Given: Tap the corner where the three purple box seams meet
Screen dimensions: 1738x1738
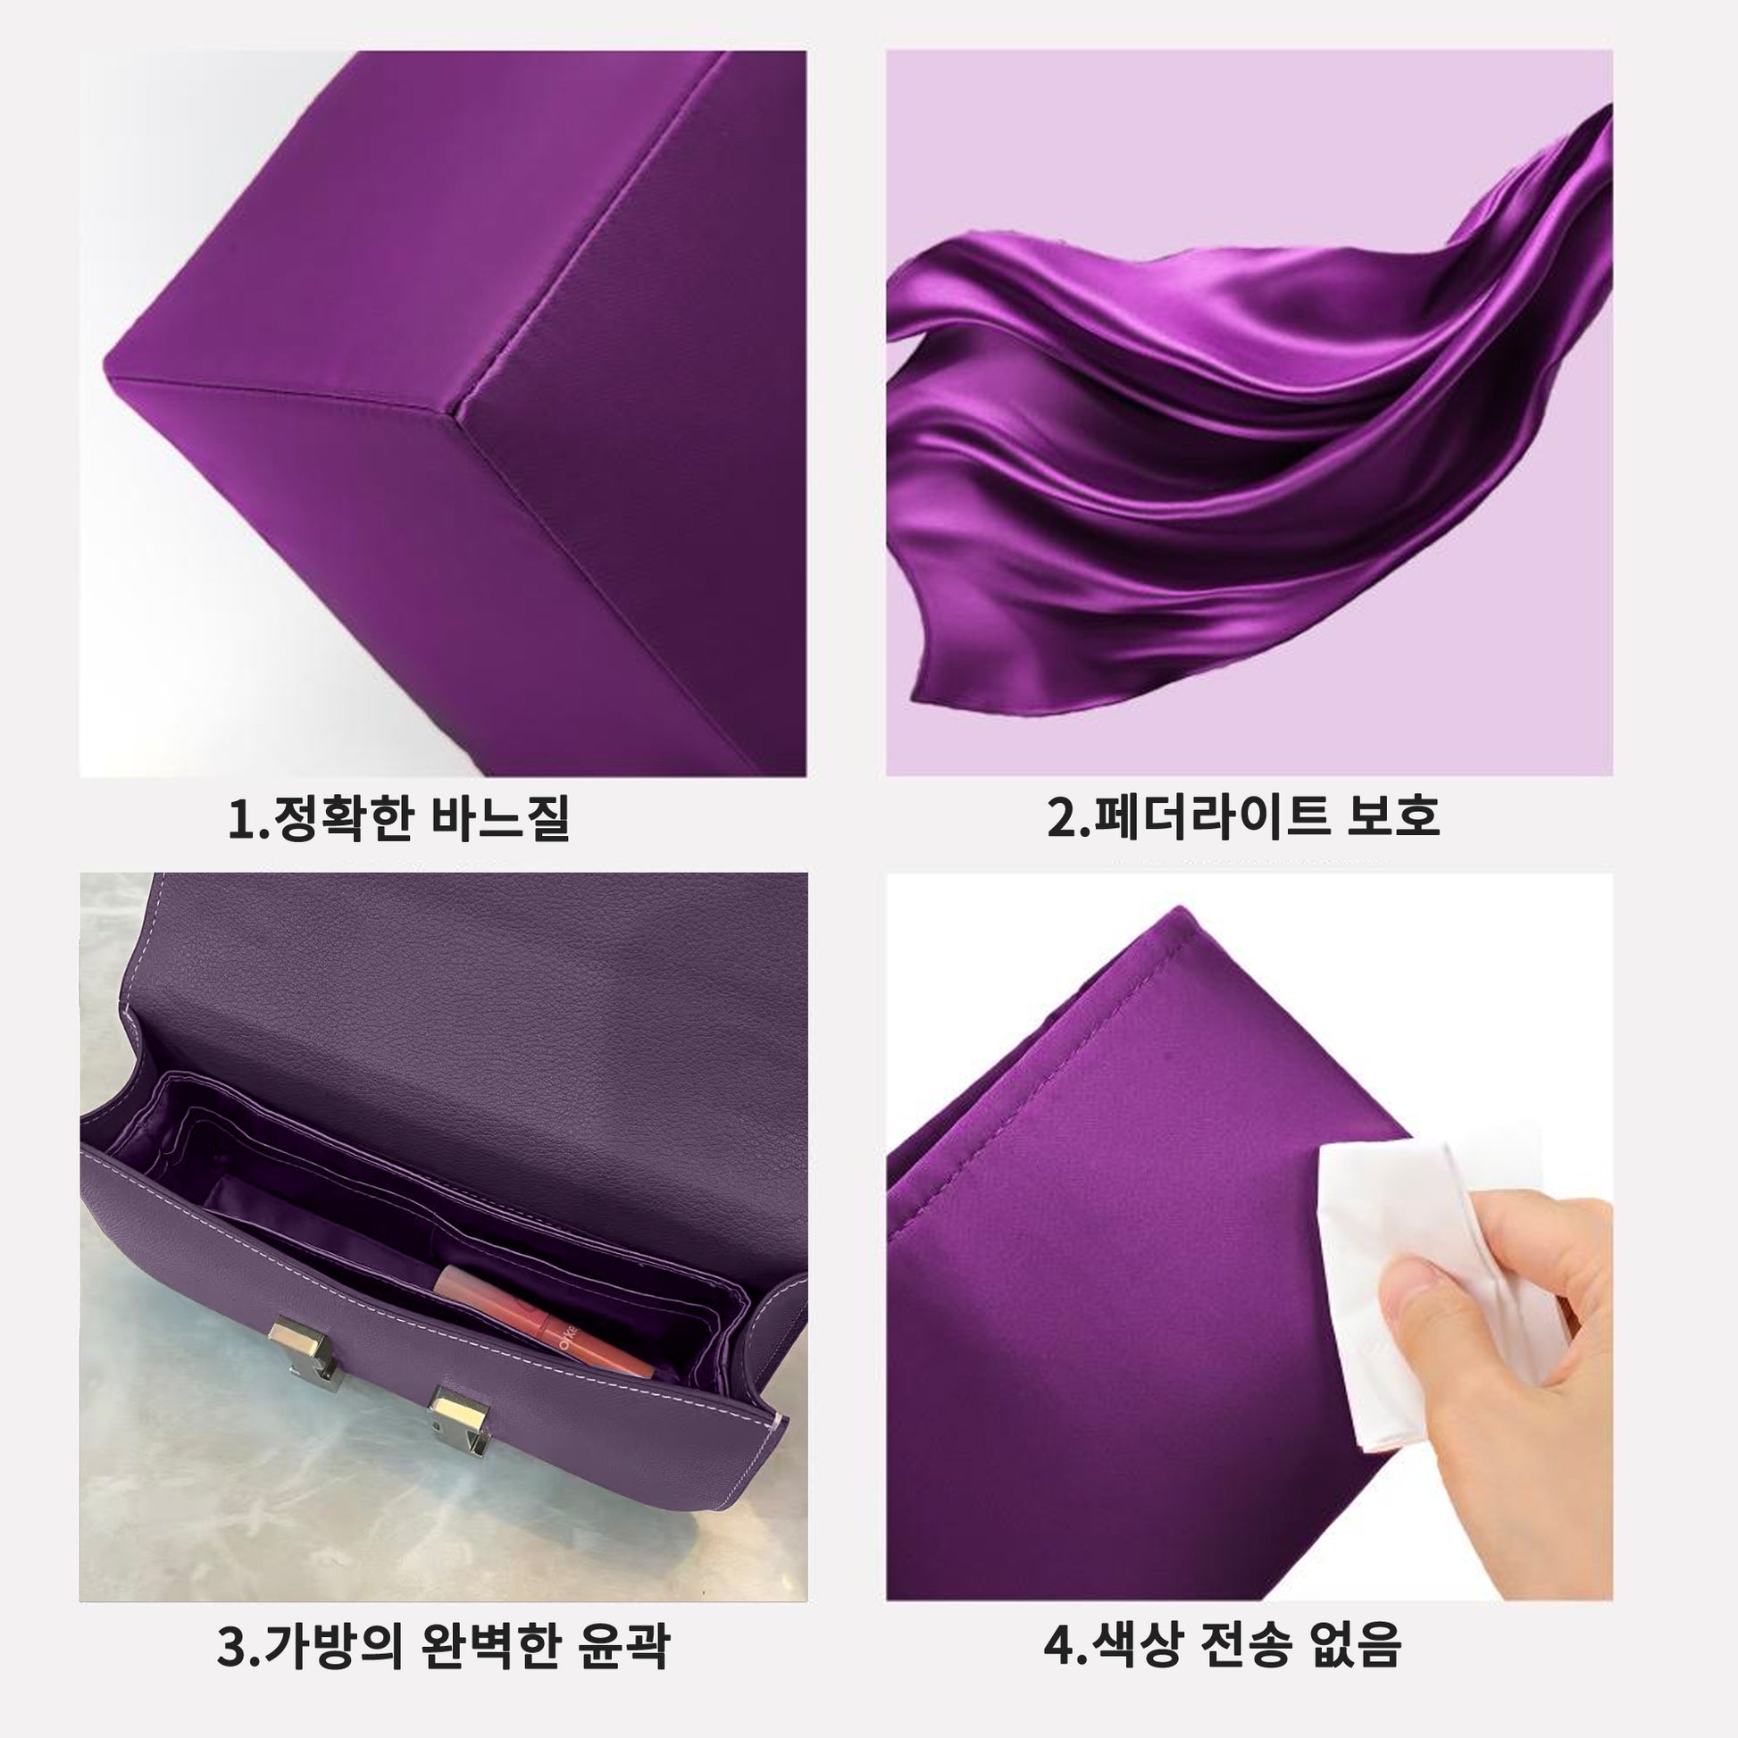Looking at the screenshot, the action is coord(459,412).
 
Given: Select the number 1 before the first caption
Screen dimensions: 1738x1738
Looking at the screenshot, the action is coord(242,819).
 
